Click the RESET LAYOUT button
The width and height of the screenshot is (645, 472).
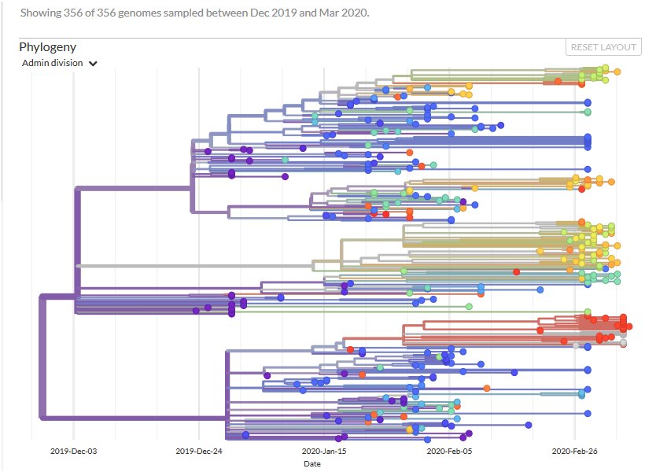603,47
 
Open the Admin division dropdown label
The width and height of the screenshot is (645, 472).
53,63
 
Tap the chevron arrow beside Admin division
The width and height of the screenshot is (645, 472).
93,64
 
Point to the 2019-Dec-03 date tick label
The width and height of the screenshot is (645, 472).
73,452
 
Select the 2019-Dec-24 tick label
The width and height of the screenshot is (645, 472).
198,452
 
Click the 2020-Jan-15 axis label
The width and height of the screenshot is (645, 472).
324,452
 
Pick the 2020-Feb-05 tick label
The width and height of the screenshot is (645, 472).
449,452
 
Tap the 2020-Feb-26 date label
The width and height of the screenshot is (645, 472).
575,452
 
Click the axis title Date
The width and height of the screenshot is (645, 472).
312,463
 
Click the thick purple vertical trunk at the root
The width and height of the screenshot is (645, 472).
41,354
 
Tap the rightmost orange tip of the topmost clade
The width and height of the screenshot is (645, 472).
617,72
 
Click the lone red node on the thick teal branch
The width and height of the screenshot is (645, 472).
516,271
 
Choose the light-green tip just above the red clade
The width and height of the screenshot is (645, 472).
588,312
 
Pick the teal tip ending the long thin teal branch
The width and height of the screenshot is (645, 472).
582,393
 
